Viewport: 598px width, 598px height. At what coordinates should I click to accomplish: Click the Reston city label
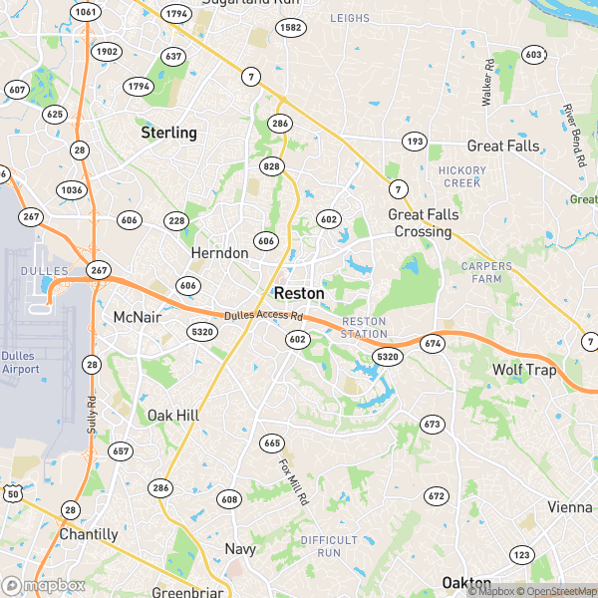tap(299, 294)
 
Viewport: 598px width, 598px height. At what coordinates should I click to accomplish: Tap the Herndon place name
tap(219, 254)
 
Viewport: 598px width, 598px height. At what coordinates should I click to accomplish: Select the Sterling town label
tap(168, 133)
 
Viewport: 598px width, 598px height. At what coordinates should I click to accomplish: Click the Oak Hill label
tap(174, 415)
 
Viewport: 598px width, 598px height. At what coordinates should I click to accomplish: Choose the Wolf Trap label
tap(524, 371)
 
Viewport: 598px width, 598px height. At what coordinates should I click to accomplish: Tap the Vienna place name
tap(569, 507)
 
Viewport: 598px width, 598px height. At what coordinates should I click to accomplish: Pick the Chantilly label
tap(88, 534)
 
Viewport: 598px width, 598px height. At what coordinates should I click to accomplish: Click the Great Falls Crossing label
tap(420, 223)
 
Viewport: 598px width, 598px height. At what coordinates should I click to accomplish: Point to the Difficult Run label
tap(321, 546)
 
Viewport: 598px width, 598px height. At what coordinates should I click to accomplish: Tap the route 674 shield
tap(432, 344)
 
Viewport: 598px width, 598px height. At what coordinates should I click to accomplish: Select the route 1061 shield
tap(87, 13)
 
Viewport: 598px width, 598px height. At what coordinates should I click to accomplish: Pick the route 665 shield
tap(272, 443)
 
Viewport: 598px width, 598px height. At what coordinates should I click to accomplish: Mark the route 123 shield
tap(520, 554)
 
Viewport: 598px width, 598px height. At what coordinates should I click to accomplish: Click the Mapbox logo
tap(43, 586)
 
